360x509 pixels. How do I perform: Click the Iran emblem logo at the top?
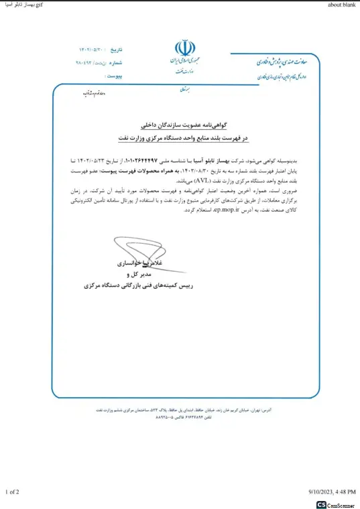pos(182,48)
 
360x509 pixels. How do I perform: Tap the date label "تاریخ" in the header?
pos(117,50)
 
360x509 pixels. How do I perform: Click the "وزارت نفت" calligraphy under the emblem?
pos(182,70)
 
